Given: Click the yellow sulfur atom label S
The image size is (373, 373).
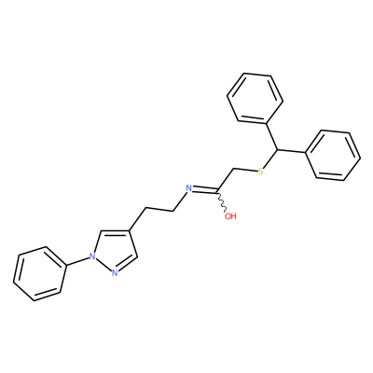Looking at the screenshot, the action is (260, 172).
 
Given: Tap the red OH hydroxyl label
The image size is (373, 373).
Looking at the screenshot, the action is (230, 216).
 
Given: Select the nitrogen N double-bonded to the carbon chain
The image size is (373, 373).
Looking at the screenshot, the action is (187, 188).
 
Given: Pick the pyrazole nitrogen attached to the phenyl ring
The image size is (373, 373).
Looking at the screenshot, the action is (91, 256).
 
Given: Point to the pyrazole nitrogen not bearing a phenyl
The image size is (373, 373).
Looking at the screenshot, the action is (115, 273).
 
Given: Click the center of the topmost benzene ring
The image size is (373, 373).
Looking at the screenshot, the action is (255, 97).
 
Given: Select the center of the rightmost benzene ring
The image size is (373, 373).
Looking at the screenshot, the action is (333, 155).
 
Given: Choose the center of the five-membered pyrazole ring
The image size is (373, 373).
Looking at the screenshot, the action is (114, 253).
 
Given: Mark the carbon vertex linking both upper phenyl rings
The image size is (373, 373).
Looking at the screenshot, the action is (276, 150).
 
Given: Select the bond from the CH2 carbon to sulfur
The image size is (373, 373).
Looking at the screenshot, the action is (245, 170).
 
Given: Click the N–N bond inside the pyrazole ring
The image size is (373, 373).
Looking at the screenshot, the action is (104, 265).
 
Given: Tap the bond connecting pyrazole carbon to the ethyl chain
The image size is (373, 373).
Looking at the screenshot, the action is (137, 219).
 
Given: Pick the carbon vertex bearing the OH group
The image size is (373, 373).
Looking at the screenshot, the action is (218, 190).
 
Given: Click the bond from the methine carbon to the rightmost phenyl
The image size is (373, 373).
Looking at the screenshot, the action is (291, 151).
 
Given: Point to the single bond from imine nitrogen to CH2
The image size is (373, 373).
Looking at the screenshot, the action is (179, 202).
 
